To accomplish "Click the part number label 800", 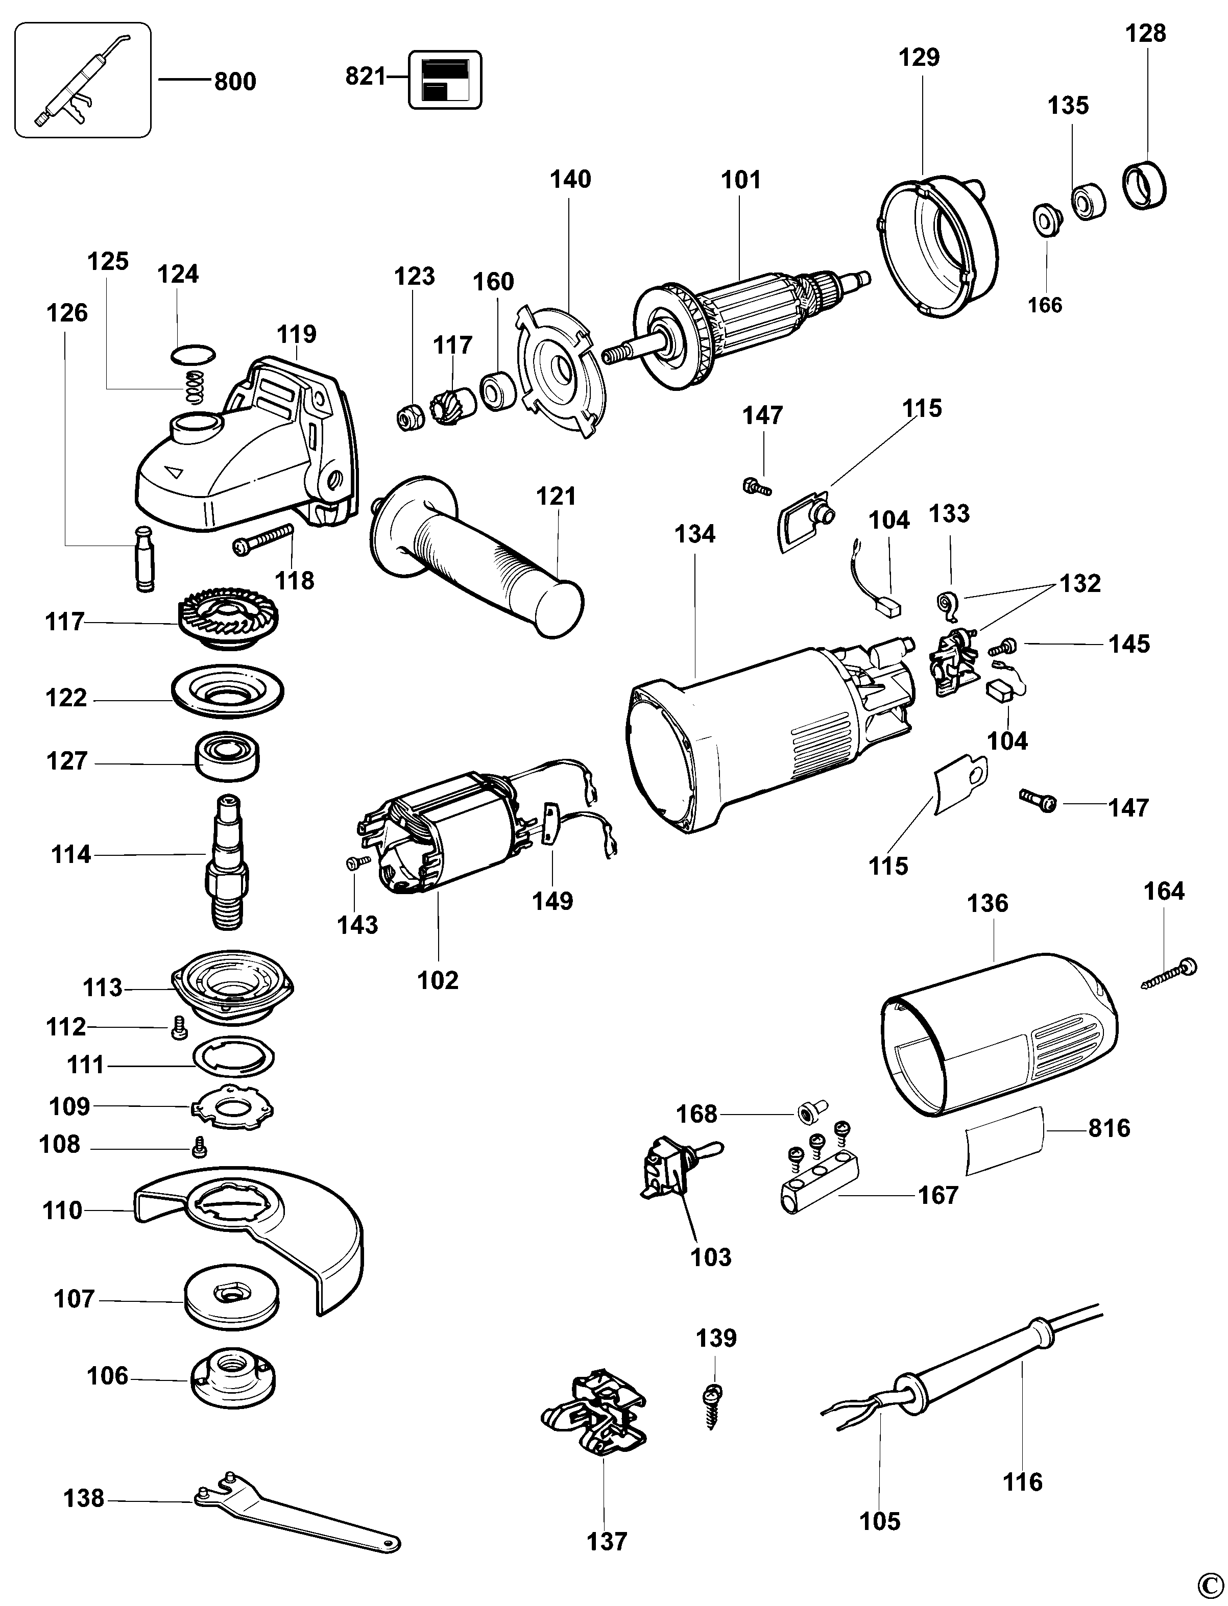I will coord(235,81).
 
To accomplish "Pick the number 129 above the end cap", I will coord(919,58).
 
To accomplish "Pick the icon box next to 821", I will coord(444,80).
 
